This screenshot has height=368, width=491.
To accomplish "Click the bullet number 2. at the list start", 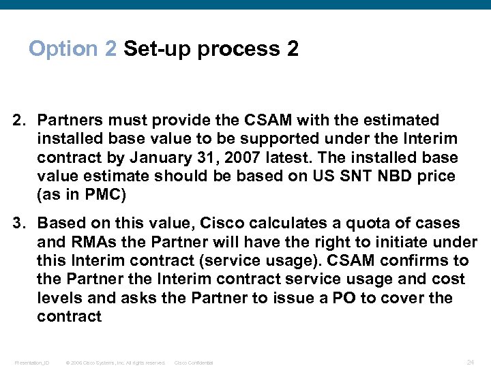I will point(19,121).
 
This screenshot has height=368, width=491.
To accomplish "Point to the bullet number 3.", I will point(19,224).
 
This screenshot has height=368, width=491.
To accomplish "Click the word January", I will point(159,158).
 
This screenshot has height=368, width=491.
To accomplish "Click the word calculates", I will point(267,224).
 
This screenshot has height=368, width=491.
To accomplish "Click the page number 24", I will point(471,362).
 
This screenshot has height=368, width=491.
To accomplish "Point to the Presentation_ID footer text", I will point(31,363).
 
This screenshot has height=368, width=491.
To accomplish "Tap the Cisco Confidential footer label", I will point(194,363).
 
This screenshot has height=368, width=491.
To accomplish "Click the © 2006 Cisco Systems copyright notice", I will point(115,363).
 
